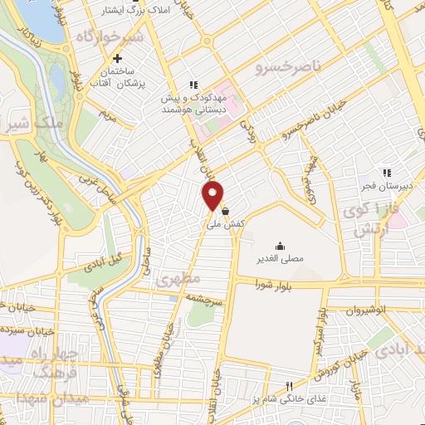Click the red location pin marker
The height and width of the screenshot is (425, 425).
click(x=213, y=195)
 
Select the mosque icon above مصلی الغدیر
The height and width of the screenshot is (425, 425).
click(x=280, y=245)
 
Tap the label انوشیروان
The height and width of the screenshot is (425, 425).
click(x=364, y=310)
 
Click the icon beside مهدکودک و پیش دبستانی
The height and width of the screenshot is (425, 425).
click(x=193, y=85)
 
